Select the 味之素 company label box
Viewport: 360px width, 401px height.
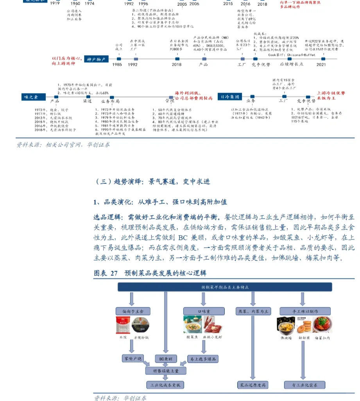pos(33,97)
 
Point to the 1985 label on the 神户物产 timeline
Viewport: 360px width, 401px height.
pos(117,65)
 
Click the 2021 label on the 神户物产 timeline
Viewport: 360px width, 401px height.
pos(321,65)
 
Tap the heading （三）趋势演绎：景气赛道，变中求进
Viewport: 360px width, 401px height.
pos(153,182)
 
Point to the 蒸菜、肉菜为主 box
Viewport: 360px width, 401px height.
pos(253,311)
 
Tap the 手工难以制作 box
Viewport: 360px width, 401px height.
pos(304,311)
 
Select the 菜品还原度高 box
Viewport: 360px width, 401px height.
pos(253,385)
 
